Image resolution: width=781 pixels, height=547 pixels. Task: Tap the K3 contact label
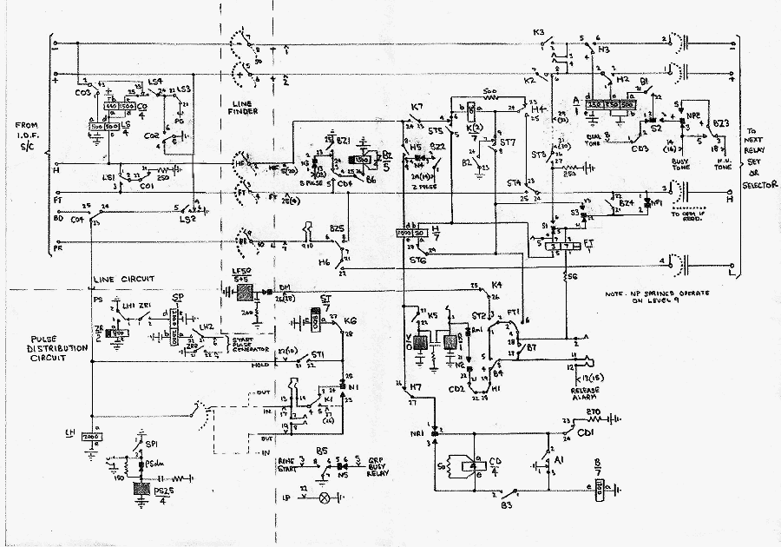(x=538, y=33)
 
